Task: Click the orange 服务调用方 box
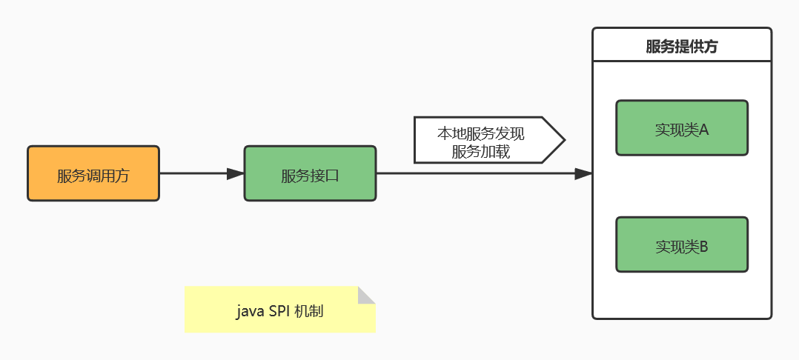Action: [93, 173]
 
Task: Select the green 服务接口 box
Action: [310, 173]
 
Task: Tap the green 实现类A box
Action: [681, 128]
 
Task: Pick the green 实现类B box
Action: [681, 244]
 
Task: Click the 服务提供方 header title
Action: [681, 47]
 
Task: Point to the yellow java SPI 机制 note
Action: [279, 310]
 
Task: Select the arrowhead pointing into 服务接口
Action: [236, 173]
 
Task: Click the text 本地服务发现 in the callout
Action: [480, 134]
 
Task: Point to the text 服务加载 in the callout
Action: [480, 152]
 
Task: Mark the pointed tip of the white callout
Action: [565, 139]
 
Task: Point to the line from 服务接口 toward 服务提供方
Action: [474, 173]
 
